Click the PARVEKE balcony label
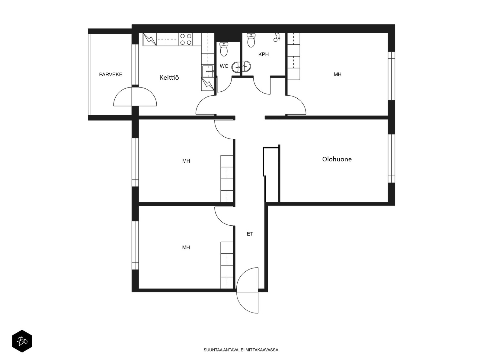pos(110,75)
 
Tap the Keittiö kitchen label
pos(169,77)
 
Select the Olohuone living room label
pos(337,159)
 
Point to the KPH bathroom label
pos(264,54)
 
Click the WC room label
pos(224,66)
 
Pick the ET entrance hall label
pos(250,234)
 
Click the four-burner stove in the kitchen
pos(186,39)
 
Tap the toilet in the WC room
pos(224,49)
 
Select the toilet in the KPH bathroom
pos(251,40)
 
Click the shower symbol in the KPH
pos(277,37)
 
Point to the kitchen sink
pos(208,71)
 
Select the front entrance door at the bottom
pos(247,290)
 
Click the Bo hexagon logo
pos(22,341)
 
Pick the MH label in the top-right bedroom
pos(337,75)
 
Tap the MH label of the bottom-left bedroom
pos(186,247)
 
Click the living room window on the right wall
pos(391,158)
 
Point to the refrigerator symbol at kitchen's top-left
pos(150,39)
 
